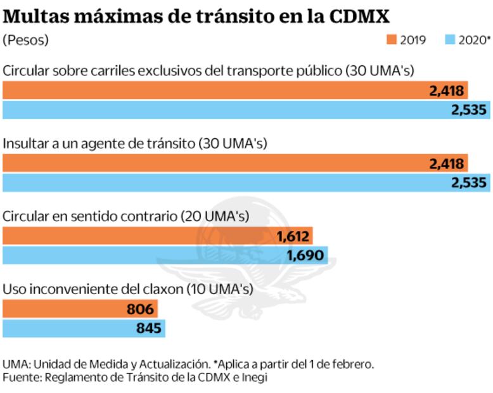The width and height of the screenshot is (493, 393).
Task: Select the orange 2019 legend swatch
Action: tap(391, 40)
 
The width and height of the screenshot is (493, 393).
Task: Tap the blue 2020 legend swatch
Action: tap(451, 40)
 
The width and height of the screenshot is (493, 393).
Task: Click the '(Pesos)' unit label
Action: tap(26, 40)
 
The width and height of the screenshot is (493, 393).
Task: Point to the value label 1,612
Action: tap(292, 237)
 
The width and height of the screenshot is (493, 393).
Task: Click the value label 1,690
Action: tap(305, 256)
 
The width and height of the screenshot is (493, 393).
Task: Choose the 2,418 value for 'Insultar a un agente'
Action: tap(447, 164)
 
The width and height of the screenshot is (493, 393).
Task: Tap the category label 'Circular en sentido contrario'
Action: tap(125, 216)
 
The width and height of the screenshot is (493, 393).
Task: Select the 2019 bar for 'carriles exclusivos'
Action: tap(215, 91)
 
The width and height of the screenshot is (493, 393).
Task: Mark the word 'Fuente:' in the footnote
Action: tap(20, 377)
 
